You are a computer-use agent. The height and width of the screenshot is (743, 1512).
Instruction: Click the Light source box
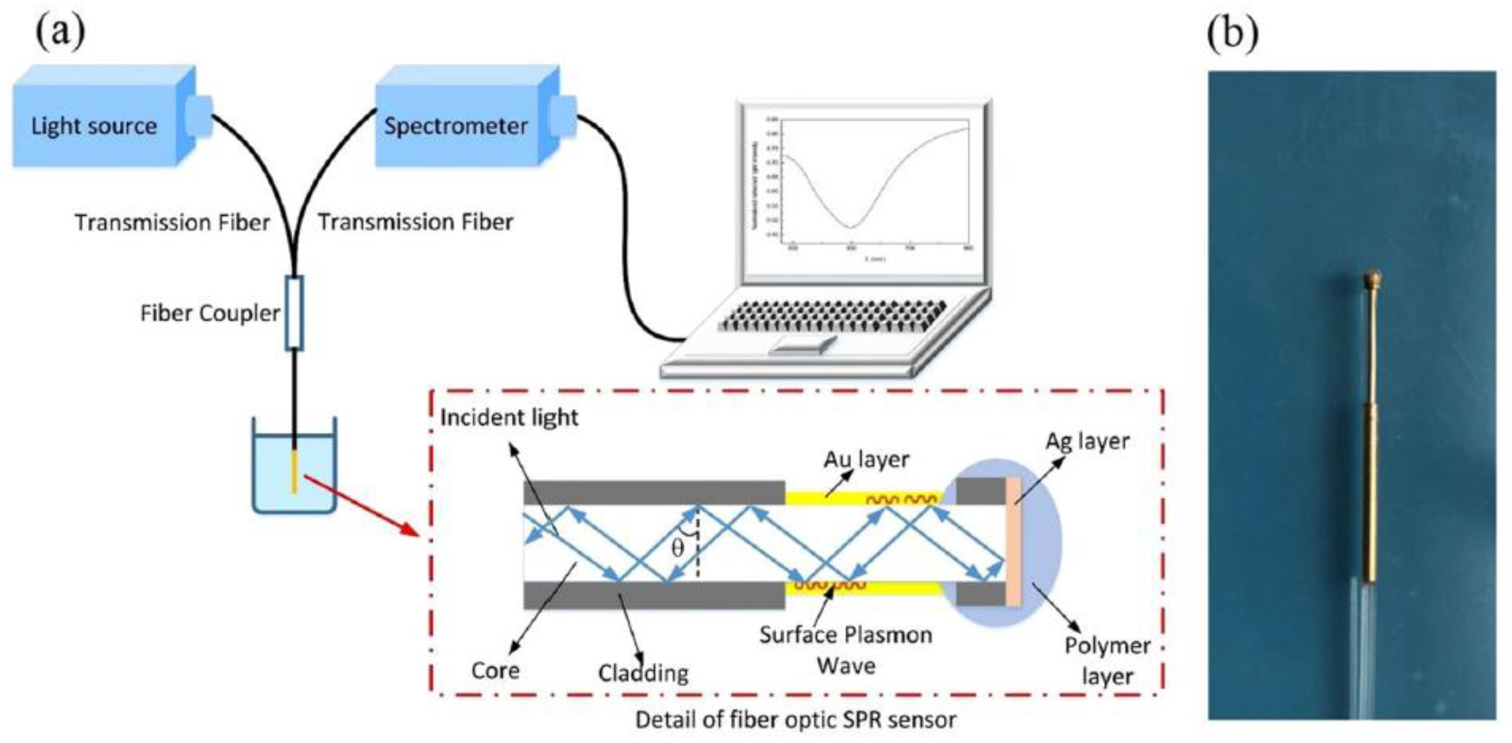(x=94, y=125)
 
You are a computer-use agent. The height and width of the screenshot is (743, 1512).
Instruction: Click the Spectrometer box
(x=456, y=125)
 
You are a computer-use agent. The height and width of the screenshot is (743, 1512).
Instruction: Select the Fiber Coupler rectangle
(x=294, y=313)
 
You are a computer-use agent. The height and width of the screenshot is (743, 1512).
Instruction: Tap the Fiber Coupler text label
(x=209, y=313)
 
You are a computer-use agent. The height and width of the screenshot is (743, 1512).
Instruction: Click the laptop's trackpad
(x=803, y=345)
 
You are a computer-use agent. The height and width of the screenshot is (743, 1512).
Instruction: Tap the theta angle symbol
(x=677, y=548)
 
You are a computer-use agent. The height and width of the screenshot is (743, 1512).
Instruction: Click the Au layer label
(x=866, y=459)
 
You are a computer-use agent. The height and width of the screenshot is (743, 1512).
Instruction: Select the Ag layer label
(x=1087, y=441)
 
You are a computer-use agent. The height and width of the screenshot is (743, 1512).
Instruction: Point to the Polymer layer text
(x=1107, y=660)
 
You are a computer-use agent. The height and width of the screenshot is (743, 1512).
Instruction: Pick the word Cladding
(x=643, y=673)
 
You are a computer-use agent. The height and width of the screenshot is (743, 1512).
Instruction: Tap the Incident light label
(x=509, y=417)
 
